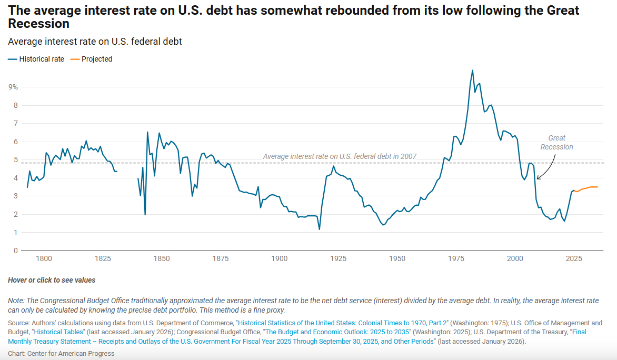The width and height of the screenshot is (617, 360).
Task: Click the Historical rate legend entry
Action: [x=36, y=59]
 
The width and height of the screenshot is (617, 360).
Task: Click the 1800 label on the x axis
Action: [x=44, y=258]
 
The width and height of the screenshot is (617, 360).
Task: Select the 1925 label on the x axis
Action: [x=339, y=258]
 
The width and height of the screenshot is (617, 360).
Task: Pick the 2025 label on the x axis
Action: [x=574, y=258]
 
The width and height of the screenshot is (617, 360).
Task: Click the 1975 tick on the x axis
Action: [x=456, y=258]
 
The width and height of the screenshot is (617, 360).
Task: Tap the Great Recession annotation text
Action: [x=556, y=143]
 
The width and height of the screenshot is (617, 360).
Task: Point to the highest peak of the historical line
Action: [x=472, y=70]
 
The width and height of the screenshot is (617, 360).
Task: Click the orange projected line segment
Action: [x=586, y=188]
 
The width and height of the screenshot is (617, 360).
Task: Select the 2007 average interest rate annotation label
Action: [x=340, y=156]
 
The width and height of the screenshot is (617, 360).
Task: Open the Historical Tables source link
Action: [x=58, y=332]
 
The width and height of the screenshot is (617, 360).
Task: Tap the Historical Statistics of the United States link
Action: [x=342, y=323]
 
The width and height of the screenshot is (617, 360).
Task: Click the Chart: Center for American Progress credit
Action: [x=61, y=354]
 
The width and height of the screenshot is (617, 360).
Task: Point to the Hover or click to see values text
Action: [x=52, y=280]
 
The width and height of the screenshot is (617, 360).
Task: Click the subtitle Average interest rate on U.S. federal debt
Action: [x=95, y=42]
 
